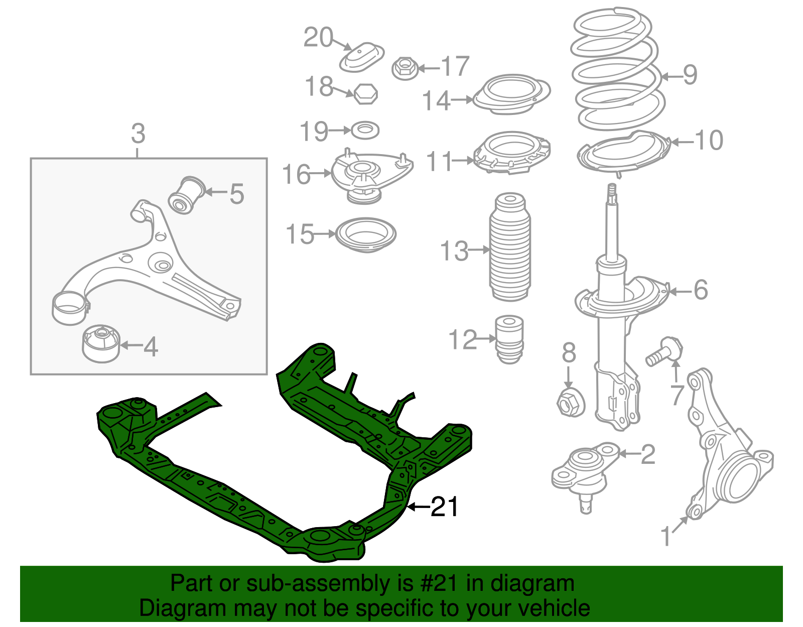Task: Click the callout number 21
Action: [445, 507]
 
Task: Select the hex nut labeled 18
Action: [365, 94]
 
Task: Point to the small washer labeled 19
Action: [365, 131]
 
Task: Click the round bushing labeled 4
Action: [101, 343]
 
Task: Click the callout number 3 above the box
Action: [138, 134]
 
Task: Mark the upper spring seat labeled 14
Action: [511, 95]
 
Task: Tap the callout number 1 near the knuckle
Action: [666, 536]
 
